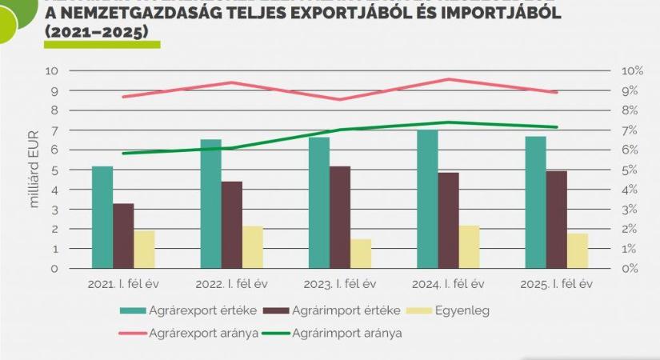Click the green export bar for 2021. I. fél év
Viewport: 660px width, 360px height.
102,217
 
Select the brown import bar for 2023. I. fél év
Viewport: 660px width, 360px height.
339,217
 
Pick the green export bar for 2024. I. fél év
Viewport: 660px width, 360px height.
427,198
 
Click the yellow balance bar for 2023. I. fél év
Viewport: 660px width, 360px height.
361,253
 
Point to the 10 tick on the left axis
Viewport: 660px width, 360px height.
52,71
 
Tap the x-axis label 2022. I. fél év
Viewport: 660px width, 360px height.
234,284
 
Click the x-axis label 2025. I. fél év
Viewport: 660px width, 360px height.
558,284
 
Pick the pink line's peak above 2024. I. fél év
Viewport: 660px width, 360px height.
449,79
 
